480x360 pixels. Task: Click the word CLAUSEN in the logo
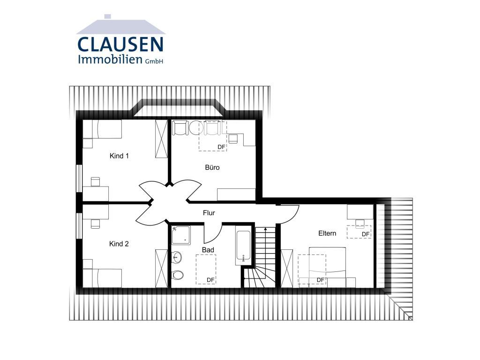120,45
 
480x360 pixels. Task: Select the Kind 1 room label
119,156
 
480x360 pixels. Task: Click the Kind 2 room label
119,244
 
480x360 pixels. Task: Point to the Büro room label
212,167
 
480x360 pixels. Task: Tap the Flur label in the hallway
209,213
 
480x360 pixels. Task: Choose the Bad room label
208,250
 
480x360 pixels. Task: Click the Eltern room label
327,233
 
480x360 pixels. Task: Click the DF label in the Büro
221,147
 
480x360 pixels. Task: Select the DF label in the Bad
210,280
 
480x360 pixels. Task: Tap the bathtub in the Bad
243,246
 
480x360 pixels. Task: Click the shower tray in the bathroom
180,235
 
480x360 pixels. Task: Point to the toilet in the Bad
178,275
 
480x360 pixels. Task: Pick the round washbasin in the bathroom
177,257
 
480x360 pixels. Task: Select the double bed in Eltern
327,267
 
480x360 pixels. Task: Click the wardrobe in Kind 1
161,139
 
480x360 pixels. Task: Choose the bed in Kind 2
102,278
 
